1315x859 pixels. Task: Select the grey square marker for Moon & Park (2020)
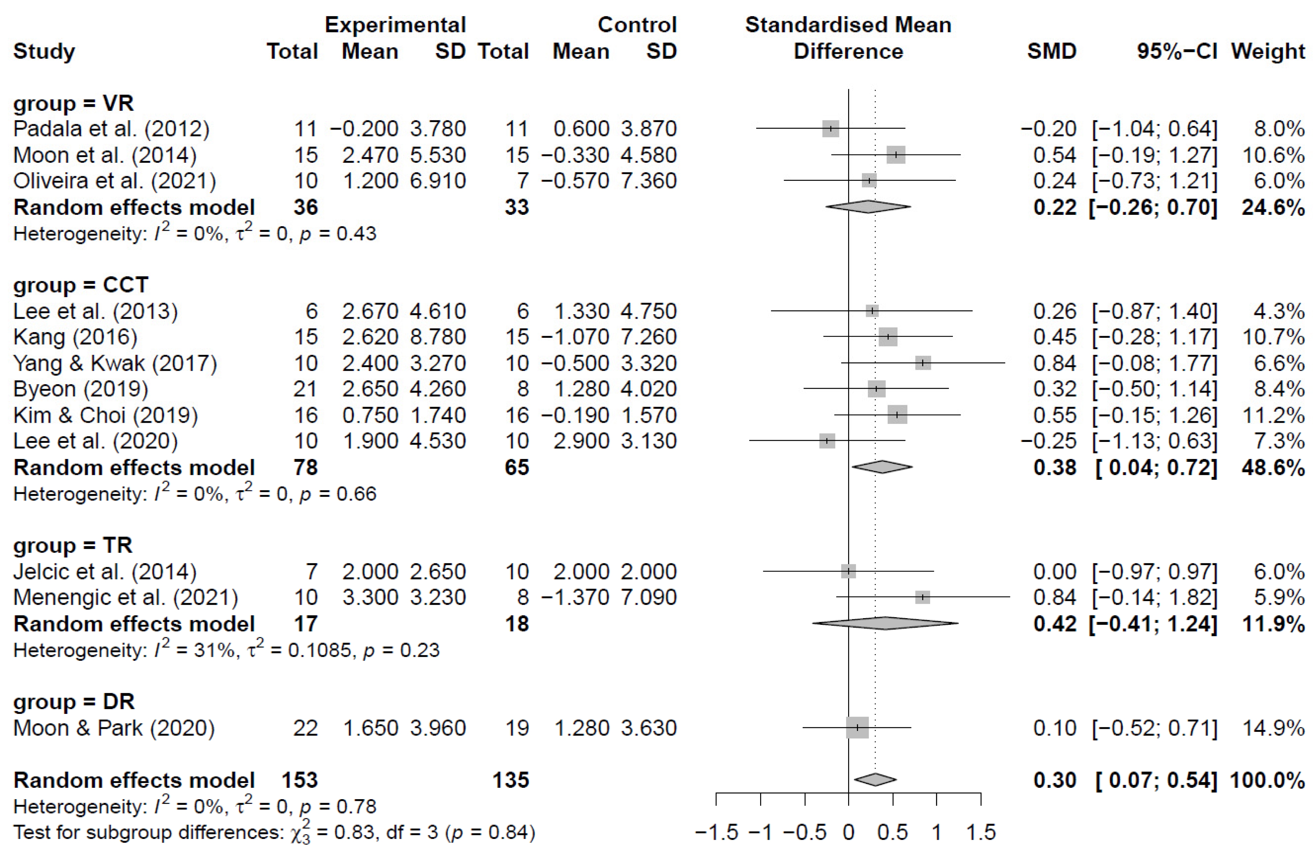click(x=857, y=728)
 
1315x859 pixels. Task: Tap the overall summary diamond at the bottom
click(x=875, y=779)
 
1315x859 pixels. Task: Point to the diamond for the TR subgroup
click(x=885, y=624)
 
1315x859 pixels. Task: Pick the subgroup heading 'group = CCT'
click(x=81, y=285)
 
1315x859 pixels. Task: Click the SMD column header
click(x=1051, y=51)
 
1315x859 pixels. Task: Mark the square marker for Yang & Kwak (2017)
click(x=923, y=363)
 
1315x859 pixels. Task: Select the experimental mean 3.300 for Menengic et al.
click(x=370, y=597)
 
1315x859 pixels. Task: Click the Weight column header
click(x=1267, y=51)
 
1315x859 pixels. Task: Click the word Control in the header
click(x=637, y=25)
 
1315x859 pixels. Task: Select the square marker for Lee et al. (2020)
click(x=827, y=441)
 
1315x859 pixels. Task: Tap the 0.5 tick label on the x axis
click(x=892, y=832)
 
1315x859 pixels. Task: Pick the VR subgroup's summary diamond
click(x=868, y=207)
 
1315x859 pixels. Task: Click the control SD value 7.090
click(x=648, y=597)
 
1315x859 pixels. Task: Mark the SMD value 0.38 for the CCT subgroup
click(x=1054, y=467)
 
